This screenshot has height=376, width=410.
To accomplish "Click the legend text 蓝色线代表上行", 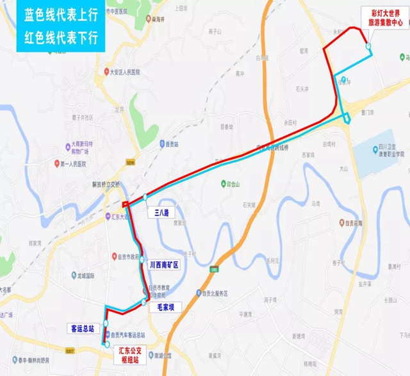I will [x=61, y=14].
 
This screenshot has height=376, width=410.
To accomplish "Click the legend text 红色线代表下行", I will [x=61, y=36].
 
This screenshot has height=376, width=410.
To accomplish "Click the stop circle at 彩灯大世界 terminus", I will [x=368, y=45].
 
